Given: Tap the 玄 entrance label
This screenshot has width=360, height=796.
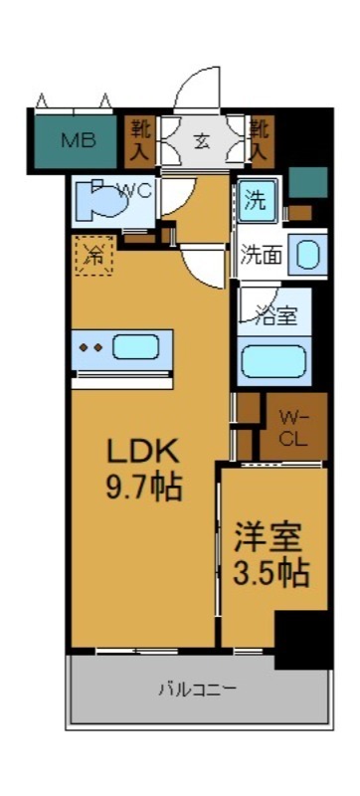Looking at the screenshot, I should (202, 139).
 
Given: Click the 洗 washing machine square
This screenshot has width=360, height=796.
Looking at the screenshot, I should (256, 198).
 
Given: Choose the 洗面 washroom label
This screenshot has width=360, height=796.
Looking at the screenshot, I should (261, 255).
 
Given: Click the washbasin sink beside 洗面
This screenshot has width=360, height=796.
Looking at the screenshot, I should (308, 255).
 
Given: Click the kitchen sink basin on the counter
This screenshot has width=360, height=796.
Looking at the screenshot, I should (134, 347).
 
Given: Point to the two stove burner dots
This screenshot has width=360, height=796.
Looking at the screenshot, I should (91, 348).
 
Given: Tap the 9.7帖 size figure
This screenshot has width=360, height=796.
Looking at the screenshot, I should (142, 488).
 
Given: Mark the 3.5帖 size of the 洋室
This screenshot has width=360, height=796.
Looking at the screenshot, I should (270, 572).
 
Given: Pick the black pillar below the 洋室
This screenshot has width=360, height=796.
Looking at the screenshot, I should (300, 637).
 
